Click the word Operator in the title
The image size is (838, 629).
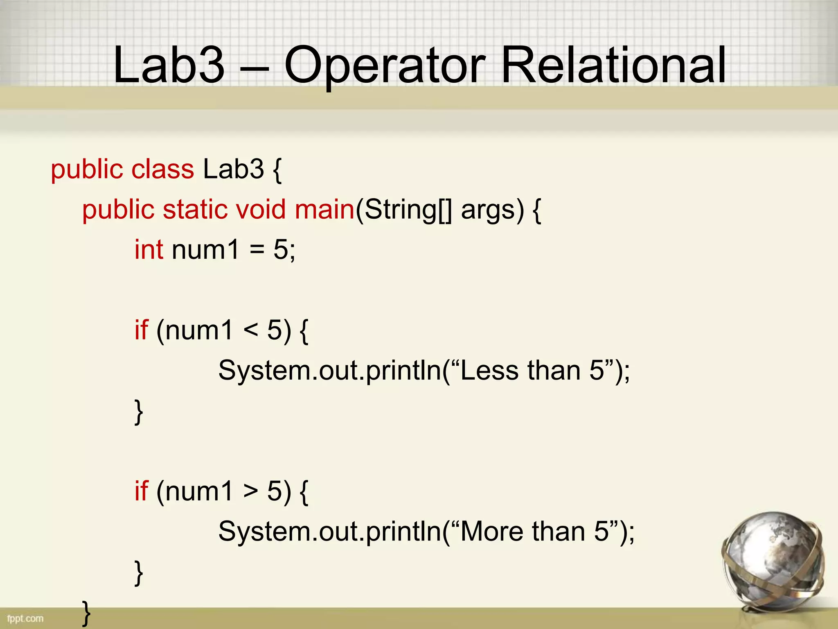tap(385, 66)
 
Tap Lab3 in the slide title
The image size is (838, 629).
tap(169, 66)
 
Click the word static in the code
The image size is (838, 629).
tap(195, 209)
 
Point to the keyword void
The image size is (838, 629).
tap(260, 209)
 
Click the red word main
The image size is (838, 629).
tap(324, 209)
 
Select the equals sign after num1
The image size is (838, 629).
tap(257, 250)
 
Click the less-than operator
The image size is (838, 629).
tap(250, 330)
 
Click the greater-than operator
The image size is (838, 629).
tap(250, 491)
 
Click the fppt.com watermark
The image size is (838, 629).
tap(25, 618)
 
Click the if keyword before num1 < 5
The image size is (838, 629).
tap(141, 330)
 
